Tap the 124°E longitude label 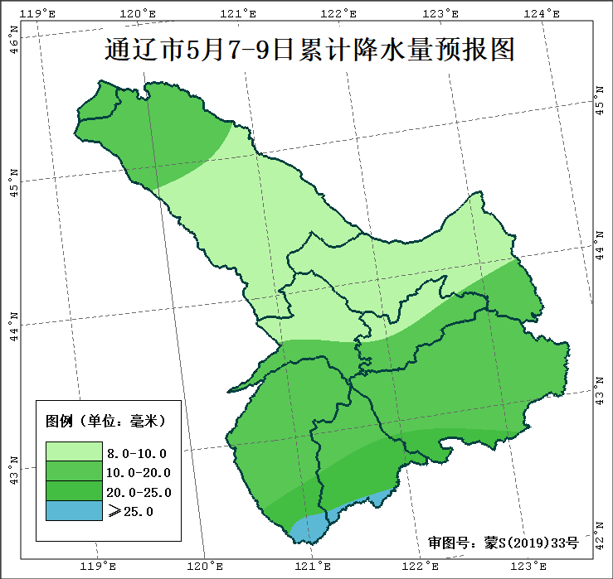(x=542, y=13)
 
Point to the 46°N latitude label (x=13, y=40)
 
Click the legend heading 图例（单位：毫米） (x=105, y=421)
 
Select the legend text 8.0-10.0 (x=137, y=453)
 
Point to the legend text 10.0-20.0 (x=139, y=473)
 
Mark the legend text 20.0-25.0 (x=139, y=493)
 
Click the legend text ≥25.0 (x=131, y=512)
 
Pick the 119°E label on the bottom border (x=97, y=567)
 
